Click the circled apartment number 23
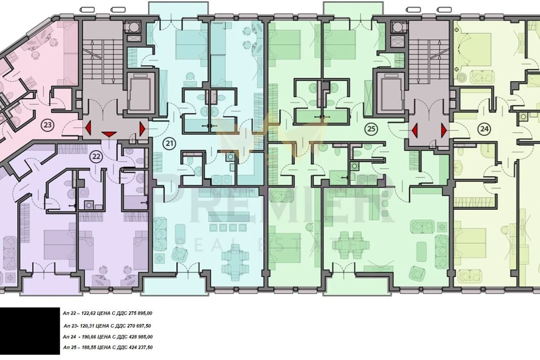click(x=48, y=125)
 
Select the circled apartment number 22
click(x=96, y=157)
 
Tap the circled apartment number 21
click(x=170, y=144)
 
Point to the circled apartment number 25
click(x=371, y=129)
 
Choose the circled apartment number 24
click(x=485, y=129)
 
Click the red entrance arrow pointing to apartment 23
click(x=88, y=128)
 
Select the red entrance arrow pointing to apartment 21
click(x=143, y=129)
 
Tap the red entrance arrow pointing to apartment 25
click(x=414, y=130)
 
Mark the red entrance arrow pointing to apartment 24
click(x=444, y=130)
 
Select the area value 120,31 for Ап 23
click(x=86, y=326)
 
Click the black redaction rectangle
click(x=30, y=331)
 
